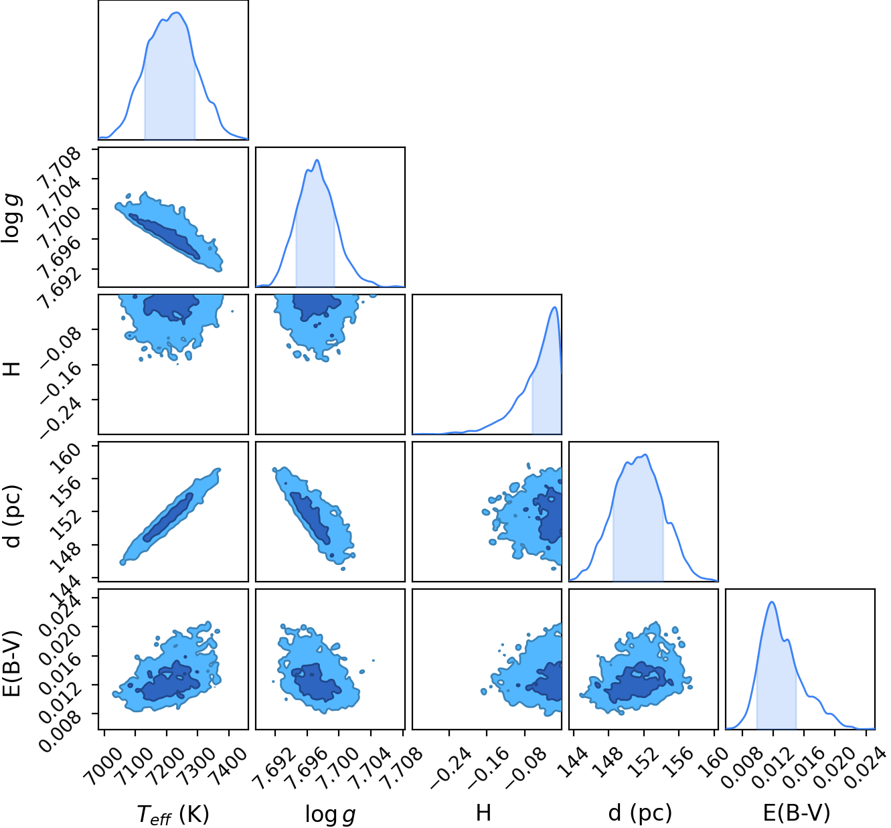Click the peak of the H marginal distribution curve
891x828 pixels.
coord(555,307)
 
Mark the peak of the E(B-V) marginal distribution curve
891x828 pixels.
coord(772,602)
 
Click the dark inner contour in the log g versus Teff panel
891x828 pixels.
coord(164,236)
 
